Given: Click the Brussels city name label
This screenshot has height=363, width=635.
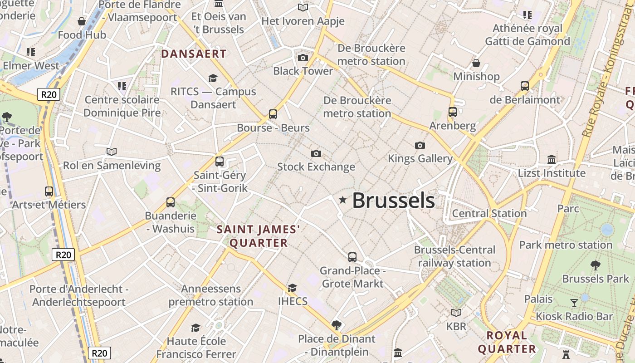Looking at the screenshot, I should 393,201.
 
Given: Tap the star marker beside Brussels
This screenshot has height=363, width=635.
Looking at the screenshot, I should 343,200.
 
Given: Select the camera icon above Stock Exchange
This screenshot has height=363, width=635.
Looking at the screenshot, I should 316,154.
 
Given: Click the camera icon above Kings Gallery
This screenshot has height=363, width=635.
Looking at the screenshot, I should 420,145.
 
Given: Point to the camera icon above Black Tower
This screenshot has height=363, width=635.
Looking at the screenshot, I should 303,58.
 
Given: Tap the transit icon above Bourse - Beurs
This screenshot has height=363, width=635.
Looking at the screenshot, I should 273,114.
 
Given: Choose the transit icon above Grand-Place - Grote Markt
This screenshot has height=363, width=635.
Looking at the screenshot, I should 352,257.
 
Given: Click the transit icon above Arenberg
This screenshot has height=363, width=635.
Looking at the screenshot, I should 452,112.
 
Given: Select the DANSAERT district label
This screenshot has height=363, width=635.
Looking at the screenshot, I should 194,54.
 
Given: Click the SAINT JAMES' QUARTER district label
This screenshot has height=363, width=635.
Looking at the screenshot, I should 259,236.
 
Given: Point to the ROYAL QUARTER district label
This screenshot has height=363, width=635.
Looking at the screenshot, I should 507,342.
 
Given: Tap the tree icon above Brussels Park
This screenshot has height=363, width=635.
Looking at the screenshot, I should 596,265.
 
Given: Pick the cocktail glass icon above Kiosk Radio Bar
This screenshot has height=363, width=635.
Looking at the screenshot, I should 574,303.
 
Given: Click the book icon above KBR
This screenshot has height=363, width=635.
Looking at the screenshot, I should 456,313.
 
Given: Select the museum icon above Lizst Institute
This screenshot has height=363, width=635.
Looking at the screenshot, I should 552,159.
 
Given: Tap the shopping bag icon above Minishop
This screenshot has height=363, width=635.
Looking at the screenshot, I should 476,63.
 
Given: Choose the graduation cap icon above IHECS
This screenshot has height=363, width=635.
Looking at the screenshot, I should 293,288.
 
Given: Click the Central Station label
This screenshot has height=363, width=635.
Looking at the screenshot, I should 489,213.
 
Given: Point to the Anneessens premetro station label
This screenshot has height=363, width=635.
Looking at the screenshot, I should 211,295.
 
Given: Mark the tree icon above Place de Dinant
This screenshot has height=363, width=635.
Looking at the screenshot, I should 336,325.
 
